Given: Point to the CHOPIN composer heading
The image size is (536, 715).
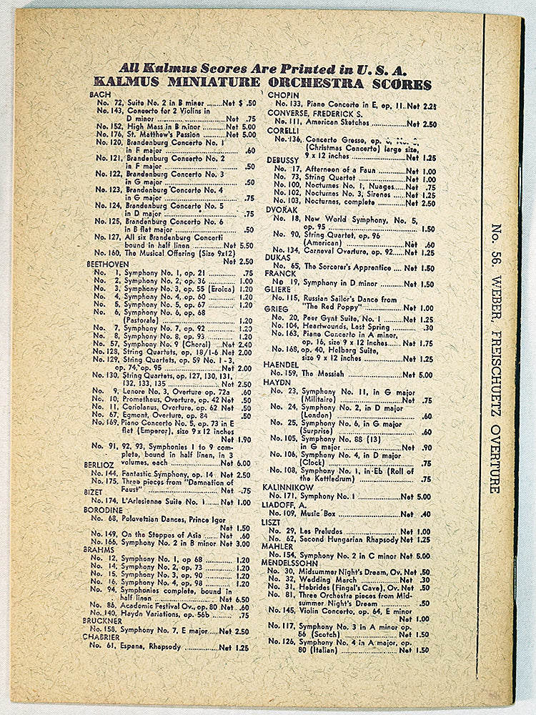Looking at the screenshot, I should tap(282, 95).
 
